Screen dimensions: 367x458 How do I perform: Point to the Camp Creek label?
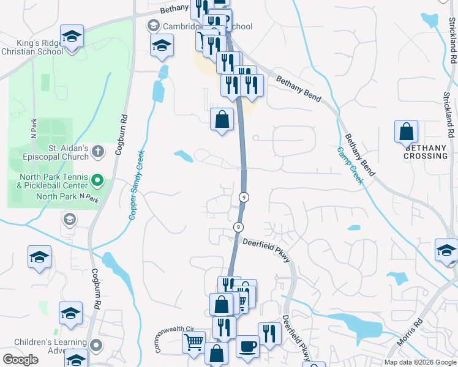point(350,165)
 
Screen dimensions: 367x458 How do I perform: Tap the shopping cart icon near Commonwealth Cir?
point(194,342)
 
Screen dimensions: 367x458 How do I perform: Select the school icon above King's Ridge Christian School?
point(72,36)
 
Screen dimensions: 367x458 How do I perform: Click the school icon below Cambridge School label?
point(162,46)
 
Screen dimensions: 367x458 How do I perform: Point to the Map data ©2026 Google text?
point(420,362)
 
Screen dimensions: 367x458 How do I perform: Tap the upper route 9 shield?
point(244,196)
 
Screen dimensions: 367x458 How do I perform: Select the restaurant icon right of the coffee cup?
point(269,333)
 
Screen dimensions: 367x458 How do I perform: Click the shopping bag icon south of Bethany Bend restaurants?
point(222,120)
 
